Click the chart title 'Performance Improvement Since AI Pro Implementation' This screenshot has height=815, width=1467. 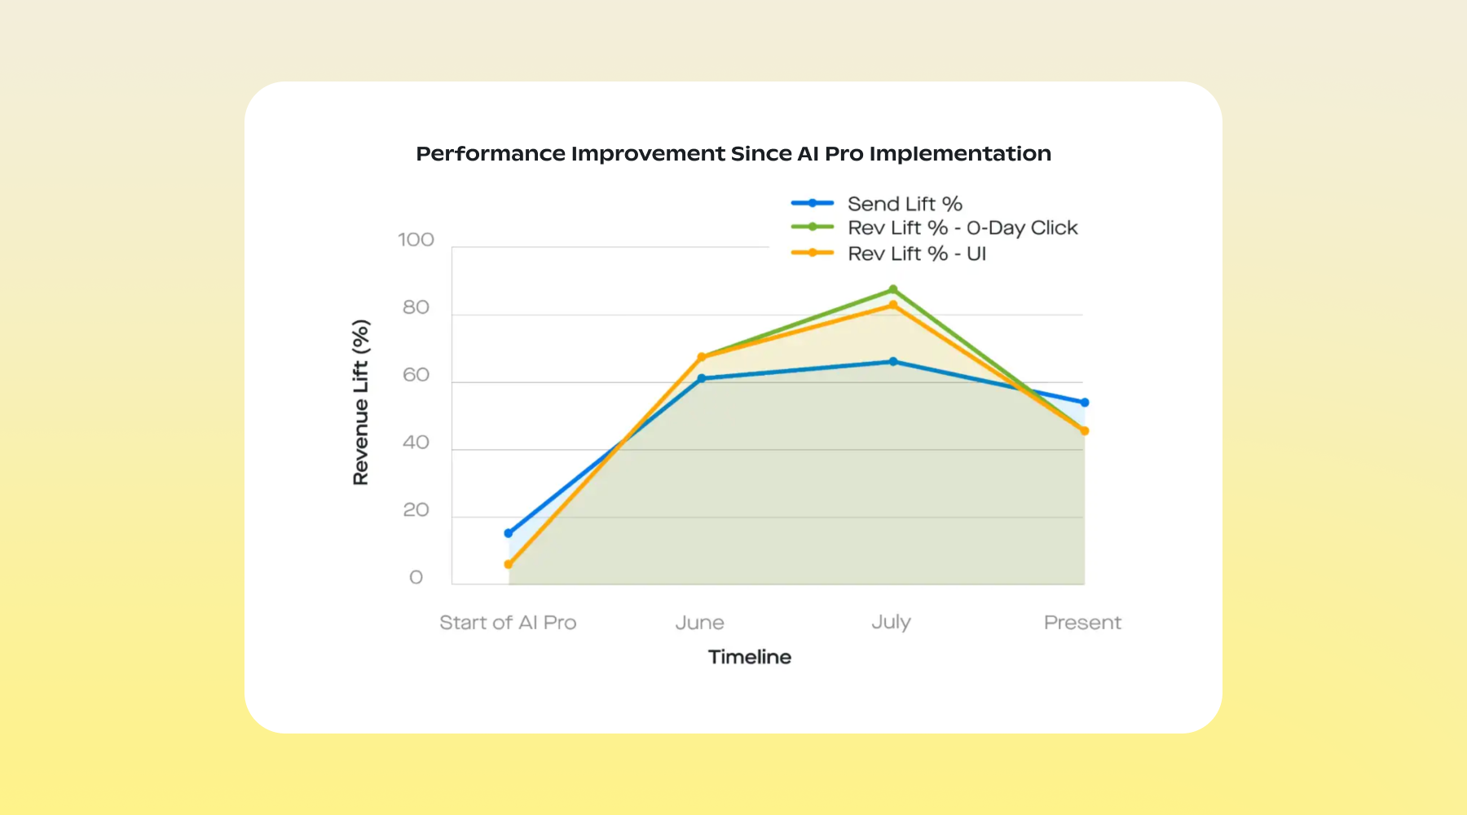[733, 153]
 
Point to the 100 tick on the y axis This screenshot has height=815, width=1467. [416, 240]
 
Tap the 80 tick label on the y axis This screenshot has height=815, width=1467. [416, 307]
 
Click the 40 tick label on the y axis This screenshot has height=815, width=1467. [416, 443]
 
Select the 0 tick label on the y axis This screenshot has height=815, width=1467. [416, 578]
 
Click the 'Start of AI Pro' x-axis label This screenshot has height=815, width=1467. [508, 623]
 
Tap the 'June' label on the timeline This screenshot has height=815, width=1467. [699, 623]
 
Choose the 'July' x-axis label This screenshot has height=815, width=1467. [891, 623]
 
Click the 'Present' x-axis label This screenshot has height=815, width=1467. [1082, 623]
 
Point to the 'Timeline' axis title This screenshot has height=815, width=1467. [749, 657]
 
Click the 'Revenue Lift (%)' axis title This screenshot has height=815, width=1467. [361, 402]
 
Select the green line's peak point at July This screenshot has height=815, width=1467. [893, 289]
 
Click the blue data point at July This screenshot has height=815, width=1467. [893, 361]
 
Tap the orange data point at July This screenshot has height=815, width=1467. [893, 305]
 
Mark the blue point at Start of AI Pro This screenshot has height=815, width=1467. [509, 533]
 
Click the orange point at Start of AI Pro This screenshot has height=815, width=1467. [509, 564]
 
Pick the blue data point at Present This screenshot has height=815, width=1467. [1085, 403]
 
